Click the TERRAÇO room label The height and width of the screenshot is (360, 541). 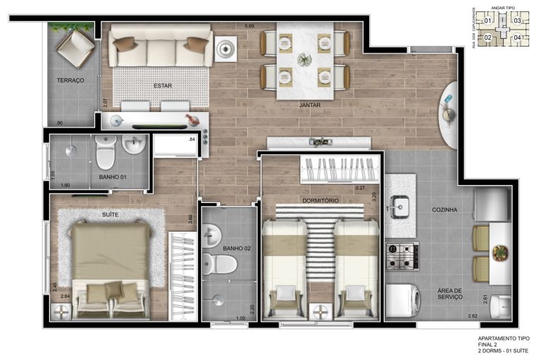pyautogui.click(x=70, y=81)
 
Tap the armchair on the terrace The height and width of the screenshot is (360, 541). pyautogui.click(x=75, y=47)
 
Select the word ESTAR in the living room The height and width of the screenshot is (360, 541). pyautogui.click(x=163, y=86)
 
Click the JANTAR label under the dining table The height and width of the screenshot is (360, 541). pyautogui.click(x=310, y=105)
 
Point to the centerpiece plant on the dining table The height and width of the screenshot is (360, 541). pyautogui.click(x=305, y=59)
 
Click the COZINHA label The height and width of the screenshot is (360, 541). pyautogui.click(x=446, y=210)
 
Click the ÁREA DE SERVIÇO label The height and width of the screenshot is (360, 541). pyautogui.click(x=449, y=294)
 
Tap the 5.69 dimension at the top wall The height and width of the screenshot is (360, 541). pyautogui.click(x=249, y=26)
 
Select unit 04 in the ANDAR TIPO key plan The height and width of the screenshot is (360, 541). pyautogui.click(x=518, y=37)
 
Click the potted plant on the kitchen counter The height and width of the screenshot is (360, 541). pyautogui.click(x=501, y=252)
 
